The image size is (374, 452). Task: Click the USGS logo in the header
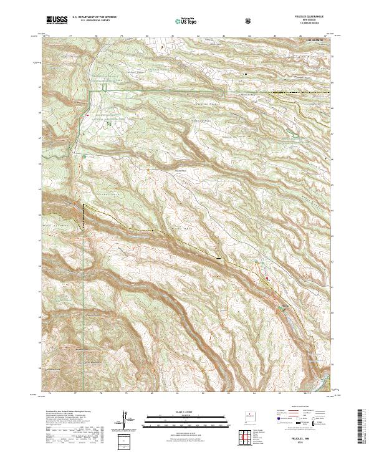point(57,21)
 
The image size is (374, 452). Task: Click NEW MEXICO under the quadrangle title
point(309,21)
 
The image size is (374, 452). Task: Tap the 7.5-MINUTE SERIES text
point(309,24)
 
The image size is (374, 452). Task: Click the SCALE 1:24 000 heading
point(176,412)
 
